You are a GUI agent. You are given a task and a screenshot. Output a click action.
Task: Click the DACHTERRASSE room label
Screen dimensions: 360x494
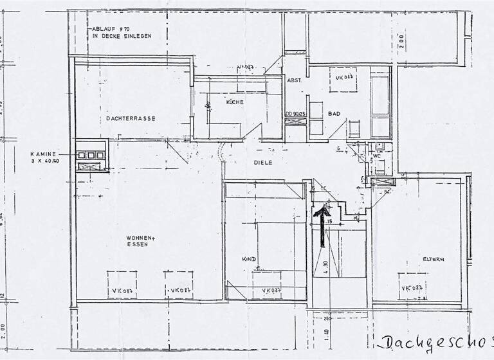131,118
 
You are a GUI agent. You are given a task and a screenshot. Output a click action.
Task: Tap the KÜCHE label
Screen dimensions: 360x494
234,102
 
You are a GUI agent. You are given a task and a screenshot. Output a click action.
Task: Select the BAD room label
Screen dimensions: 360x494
334,114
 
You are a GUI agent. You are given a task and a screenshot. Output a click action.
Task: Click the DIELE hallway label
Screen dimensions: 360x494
263,163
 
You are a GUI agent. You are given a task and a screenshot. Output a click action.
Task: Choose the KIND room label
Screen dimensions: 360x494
250,259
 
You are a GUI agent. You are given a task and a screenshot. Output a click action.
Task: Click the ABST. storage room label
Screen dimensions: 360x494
295,81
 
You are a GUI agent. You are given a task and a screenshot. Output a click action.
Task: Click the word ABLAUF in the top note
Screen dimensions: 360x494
104,29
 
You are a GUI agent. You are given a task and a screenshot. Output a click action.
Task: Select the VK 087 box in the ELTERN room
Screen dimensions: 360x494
412,288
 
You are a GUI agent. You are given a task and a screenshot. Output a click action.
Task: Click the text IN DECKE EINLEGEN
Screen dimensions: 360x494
122,37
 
